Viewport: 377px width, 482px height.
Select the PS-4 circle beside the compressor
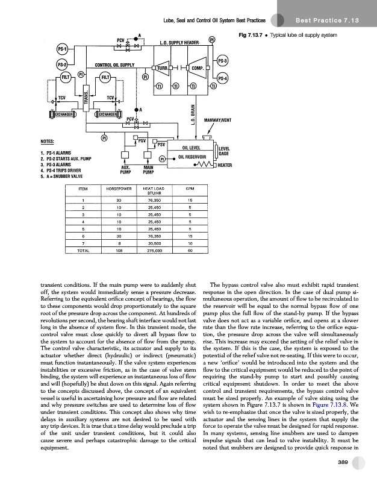[x=222, y=78]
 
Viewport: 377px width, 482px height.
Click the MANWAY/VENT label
[x=219, y=120]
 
